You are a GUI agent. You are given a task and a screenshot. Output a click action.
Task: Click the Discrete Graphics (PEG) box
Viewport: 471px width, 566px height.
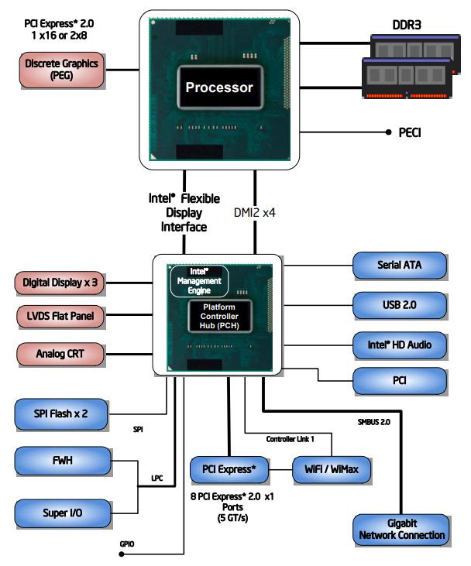(61, 70)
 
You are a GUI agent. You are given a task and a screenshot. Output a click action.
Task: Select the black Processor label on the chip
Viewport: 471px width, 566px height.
(219, 87)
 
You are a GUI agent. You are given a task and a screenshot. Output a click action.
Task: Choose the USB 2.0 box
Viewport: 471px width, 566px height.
(400, 304)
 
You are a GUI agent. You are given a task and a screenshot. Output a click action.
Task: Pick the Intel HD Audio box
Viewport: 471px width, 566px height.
(400, 344)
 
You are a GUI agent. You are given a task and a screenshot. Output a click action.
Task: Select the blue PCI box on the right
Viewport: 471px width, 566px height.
(400, 381)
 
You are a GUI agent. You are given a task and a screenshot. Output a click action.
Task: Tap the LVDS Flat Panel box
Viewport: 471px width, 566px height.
(61, 316)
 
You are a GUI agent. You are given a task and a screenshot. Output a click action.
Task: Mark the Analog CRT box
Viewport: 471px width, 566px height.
(61, 355)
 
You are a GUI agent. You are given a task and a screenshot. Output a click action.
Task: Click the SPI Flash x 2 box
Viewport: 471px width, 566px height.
(61, 414)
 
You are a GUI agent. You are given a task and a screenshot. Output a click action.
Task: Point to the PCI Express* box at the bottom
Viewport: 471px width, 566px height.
(229, 469)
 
